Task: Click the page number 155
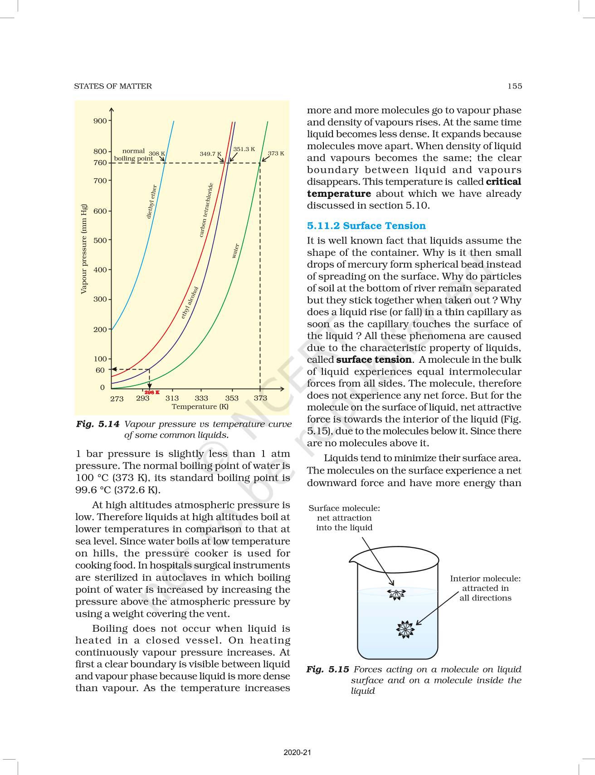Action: click(x=515, y=86)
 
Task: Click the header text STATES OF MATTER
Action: click(x=113, y=86)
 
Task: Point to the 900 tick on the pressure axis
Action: click(x=100, y=121)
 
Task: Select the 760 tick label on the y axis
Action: click(x=100, y=163)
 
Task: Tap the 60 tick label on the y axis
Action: click(x=100, y=370)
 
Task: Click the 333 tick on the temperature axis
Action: click(x=201, y=398)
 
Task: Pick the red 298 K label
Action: click(x=152, y=392)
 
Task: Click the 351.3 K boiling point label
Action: click(x=244, y=149)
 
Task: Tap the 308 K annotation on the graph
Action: click(x=157, y=154)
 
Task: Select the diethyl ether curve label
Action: click(x=151, y=201)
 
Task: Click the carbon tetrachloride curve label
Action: click(x=206, y=210)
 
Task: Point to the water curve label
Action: click(x=235, y=251)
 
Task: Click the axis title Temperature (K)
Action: click(x=200, y=407)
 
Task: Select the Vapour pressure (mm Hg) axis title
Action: click(x=83, y=249)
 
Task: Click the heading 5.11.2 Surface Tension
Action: click(x=366, y=226)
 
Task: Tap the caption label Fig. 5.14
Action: click(x=98, y=424)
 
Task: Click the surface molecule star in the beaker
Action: click(x=396, y=595)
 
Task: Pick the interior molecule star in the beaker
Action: click(x=405, y=629)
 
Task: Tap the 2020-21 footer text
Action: click(x=297, y=752)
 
